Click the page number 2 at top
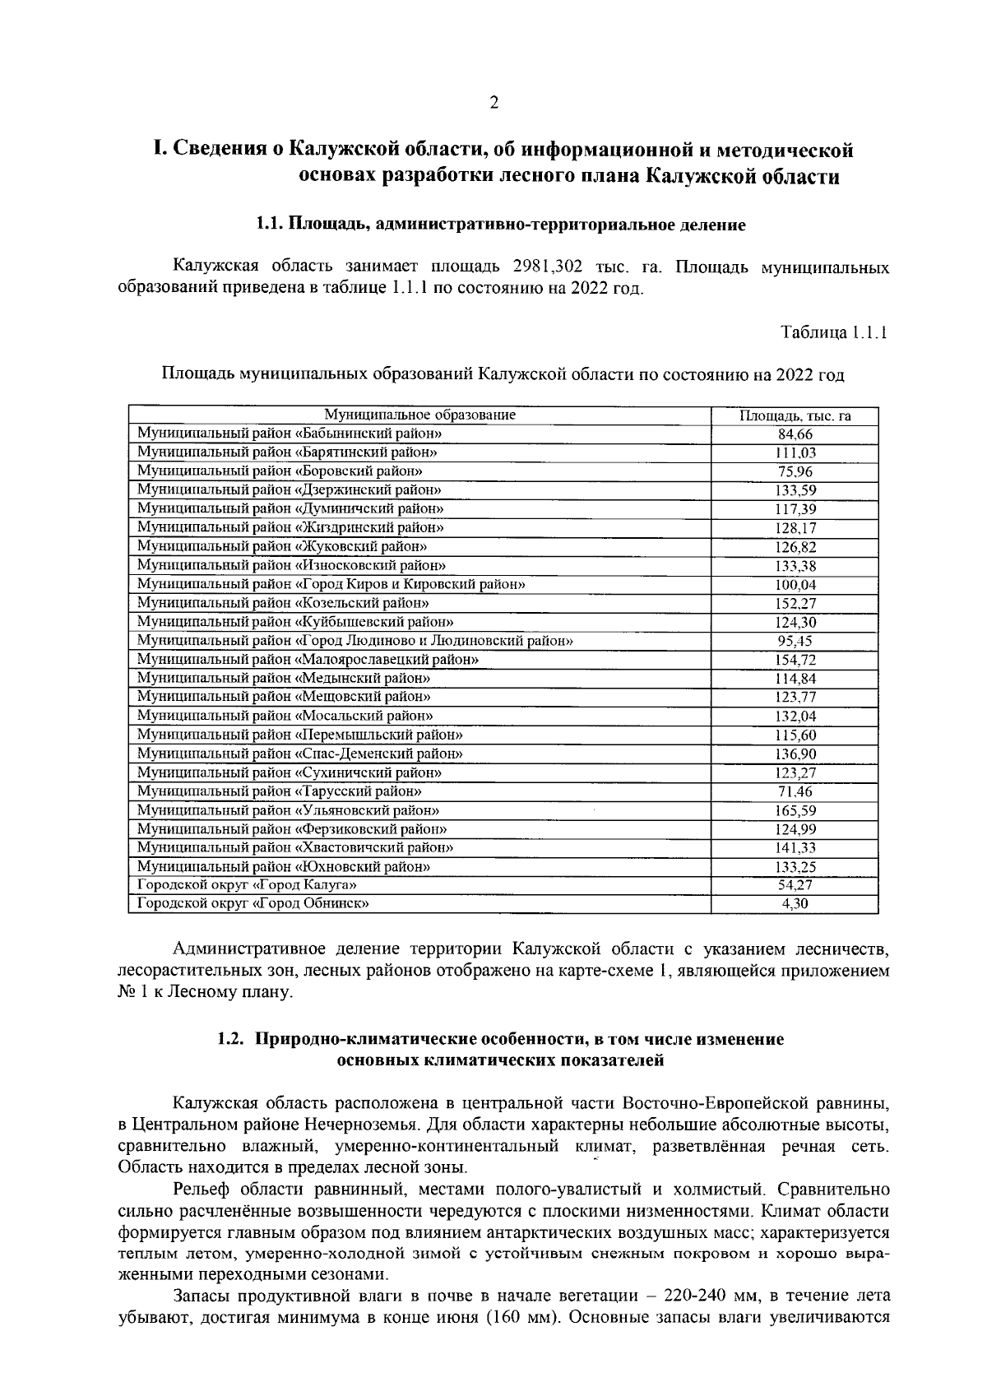click(493, 103)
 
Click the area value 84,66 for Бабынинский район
click(795, 434)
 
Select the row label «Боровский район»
click(280, 471)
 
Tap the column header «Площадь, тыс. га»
click(795, 415)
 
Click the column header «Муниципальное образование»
click(419, 415)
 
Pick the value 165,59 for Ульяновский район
click(795, 811)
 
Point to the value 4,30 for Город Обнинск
click(795, 905)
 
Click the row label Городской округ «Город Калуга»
click(247, 885)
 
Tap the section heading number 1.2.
click(231, 1039)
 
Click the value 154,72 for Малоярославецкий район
click(795, 661)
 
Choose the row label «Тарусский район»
click(280, 791)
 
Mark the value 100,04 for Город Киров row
click(795, 585)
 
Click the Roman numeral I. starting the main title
click(160, 150)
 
